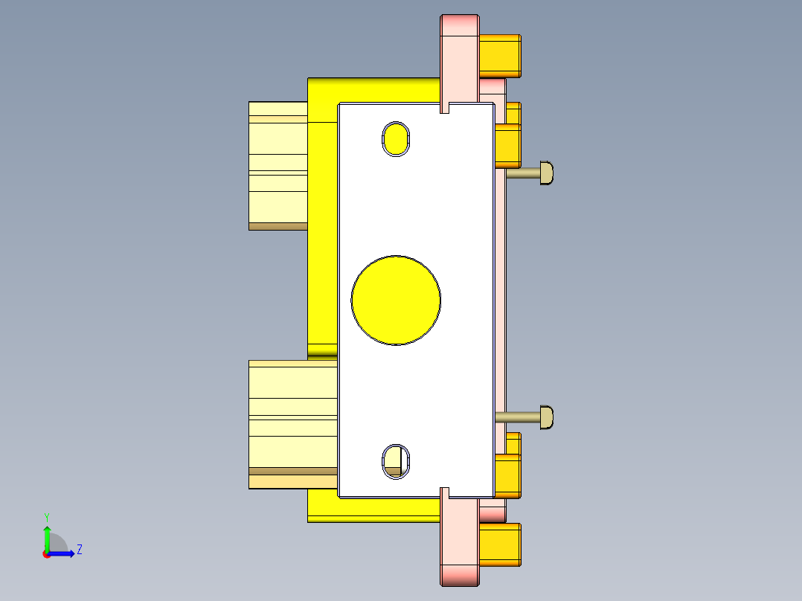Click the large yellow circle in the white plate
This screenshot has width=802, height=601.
point(396,300)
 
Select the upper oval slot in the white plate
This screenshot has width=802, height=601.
point(396,138)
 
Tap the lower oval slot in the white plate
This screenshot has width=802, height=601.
point(396,460)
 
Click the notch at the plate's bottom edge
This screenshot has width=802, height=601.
point(446,492)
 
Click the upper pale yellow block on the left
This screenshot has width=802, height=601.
point(278,164)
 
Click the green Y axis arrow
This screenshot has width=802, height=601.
point(47,537)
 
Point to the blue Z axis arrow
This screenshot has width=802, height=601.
point(63,553)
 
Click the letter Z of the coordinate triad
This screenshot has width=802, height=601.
point(79,550)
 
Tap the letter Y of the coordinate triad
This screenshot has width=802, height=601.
point(47,516)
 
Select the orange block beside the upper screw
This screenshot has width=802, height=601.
point(508,146)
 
